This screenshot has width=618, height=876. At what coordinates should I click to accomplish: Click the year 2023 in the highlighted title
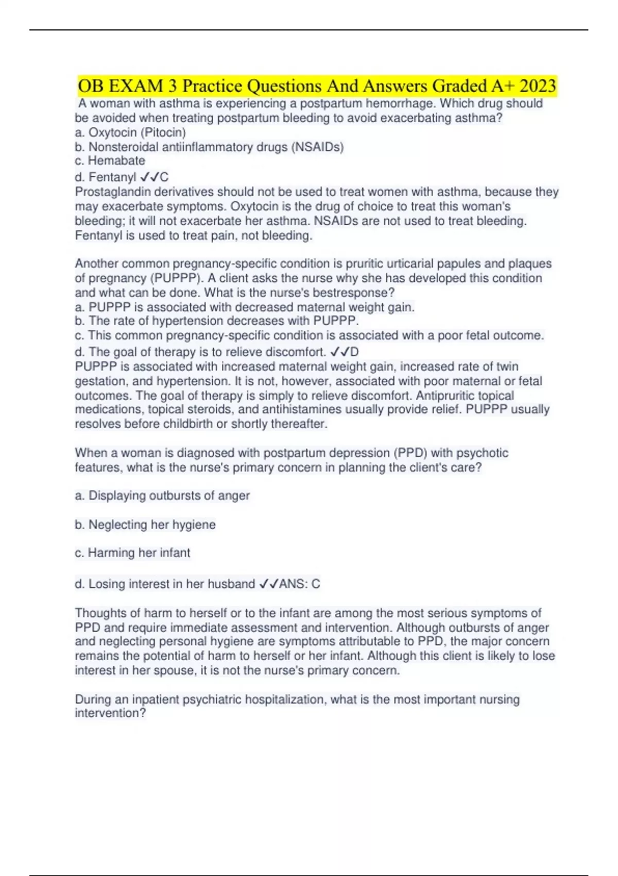(538, 86)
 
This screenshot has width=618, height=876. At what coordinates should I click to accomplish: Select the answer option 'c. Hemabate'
(110, 161)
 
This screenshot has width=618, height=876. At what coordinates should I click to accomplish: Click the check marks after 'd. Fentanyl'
(149, 177)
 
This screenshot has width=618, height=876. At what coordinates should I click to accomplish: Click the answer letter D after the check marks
(354, 352)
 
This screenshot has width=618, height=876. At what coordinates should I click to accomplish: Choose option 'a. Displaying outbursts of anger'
(162, 496)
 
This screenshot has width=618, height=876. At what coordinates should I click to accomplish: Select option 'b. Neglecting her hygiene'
(145, 525)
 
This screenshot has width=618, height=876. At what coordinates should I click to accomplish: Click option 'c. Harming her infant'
(132, 553)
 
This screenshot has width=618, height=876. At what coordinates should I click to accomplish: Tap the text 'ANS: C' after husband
(300, 584)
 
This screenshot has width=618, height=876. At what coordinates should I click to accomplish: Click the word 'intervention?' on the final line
(110, 713)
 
